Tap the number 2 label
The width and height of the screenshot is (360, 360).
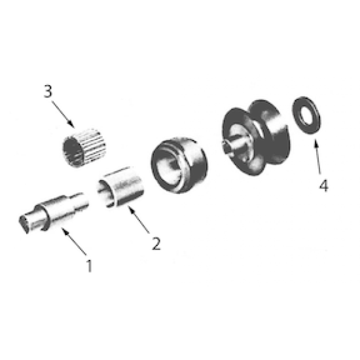coord(156,243)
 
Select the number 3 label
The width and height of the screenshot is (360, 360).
coord(48,90)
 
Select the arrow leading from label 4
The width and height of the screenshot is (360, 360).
coord(318,157)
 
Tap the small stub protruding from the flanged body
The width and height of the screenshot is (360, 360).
coord(231,147)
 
